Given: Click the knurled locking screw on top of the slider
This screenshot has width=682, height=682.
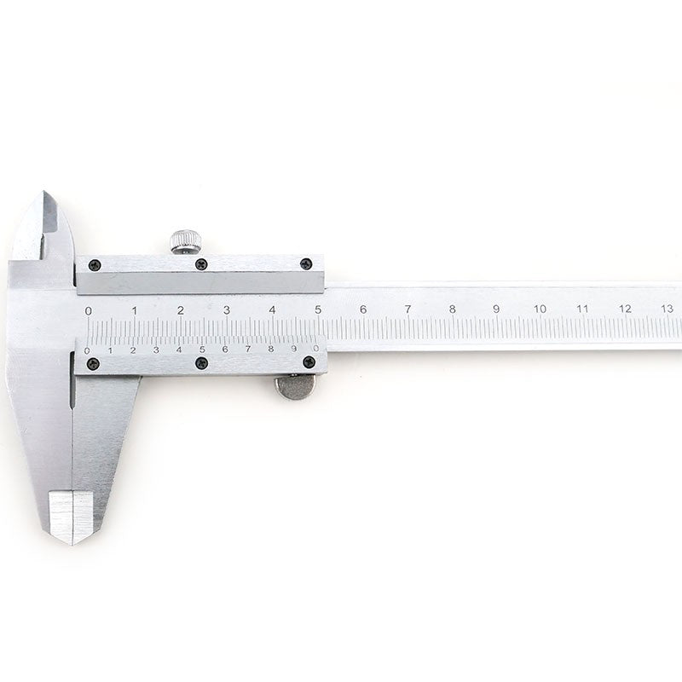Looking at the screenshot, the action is tap(186, 241).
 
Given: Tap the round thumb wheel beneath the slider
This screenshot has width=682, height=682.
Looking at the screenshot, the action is tap(296, 387).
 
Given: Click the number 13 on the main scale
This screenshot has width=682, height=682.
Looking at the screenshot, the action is tap(667, 309).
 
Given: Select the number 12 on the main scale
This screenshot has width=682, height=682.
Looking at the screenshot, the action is tap(625, 309).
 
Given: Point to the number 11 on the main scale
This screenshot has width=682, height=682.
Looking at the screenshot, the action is tap(582, 309).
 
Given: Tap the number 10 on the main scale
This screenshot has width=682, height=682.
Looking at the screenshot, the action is tap(540, 309).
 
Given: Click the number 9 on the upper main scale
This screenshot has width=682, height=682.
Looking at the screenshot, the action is tap(496, 309).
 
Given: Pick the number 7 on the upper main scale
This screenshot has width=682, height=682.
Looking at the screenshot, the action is tap(407, 309).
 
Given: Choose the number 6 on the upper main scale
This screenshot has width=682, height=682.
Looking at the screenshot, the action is tap(363, 309).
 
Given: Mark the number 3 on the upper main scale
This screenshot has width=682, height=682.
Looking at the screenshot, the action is tap(227, 310).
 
